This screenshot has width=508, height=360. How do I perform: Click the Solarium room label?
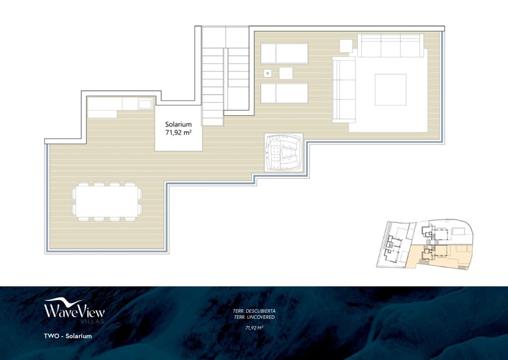[179, 124]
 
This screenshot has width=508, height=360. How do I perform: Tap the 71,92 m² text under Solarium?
[179, 133]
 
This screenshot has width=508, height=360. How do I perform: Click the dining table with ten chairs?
[107, 201]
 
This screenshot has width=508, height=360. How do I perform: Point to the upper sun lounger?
[284, 54]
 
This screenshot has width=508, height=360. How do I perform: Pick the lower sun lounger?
[284, 93]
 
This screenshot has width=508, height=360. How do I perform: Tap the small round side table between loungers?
[268, 73]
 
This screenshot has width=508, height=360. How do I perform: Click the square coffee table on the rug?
[390, 89]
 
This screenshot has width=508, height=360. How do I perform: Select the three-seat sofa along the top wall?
[390, 46]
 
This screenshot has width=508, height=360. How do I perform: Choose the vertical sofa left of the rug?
[344, 89]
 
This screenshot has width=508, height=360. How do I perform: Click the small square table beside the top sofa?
[346, 46]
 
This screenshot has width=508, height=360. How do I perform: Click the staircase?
[225, 74]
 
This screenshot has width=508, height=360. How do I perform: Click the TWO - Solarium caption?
[67, 336]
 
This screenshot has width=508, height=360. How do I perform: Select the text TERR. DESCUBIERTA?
[254, 311]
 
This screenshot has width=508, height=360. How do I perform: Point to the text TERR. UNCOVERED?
[254, 317]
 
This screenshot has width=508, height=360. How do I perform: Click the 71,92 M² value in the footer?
[254, 328]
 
